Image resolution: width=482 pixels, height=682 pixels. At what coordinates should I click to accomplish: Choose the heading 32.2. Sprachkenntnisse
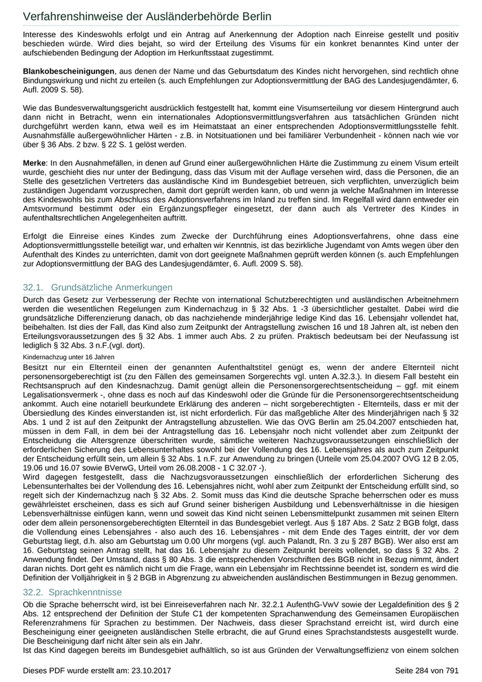(x=72, y=592)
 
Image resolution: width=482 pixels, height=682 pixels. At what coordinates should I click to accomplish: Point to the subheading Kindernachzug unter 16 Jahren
(x=68, y=358)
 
